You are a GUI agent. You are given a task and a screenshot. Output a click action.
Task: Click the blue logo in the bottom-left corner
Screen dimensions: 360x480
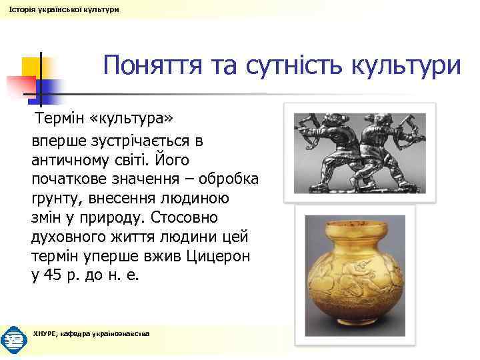coord(13,339)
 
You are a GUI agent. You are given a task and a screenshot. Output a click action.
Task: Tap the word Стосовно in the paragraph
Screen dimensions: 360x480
coord(189,218)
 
